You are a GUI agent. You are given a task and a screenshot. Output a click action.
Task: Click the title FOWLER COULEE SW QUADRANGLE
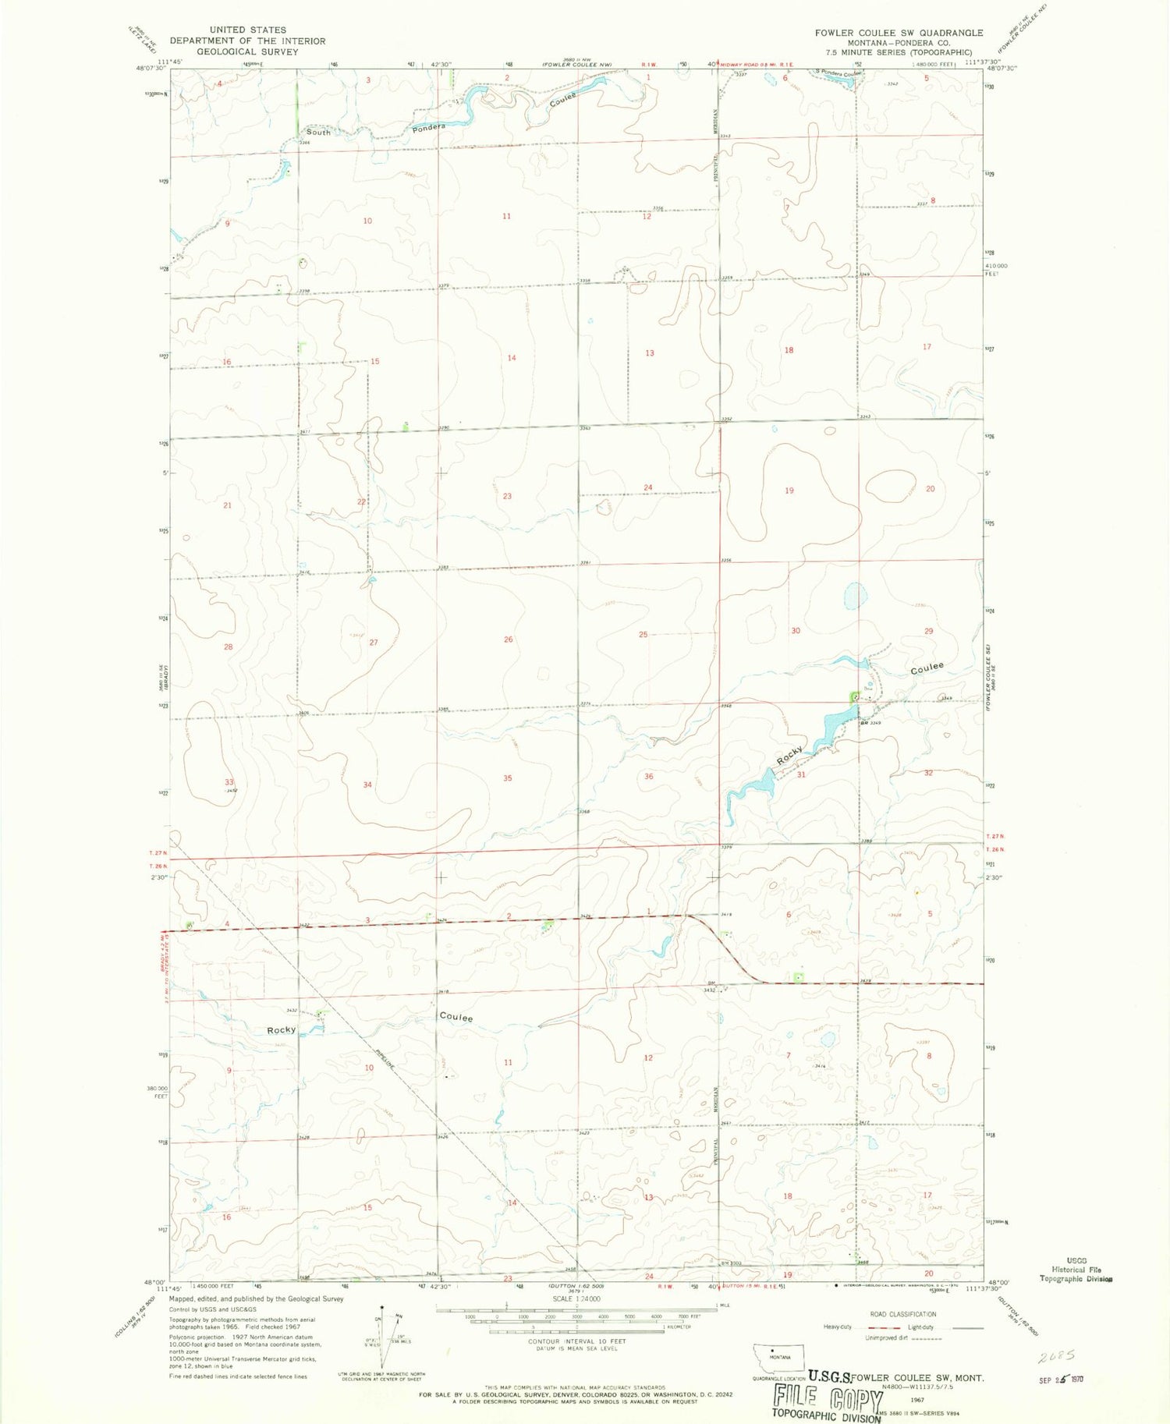(899, 33)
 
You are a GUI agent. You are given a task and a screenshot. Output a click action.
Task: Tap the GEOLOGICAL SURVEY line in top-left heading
(247, 51)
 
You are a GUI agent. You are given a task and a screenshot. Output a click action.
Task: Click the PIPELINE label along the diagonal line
(382, 1057)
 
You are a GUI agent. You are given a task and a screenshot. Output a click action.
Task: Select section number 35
(508, 778)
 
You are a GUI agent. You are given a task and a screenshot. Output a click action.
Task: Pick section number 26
(508, 639)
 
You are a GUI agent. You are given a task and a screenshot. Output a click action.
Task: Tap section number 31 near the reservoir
(801, 775)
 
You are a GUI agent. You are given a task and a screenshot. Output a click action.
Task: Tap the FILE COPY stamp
(828, 1397)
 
